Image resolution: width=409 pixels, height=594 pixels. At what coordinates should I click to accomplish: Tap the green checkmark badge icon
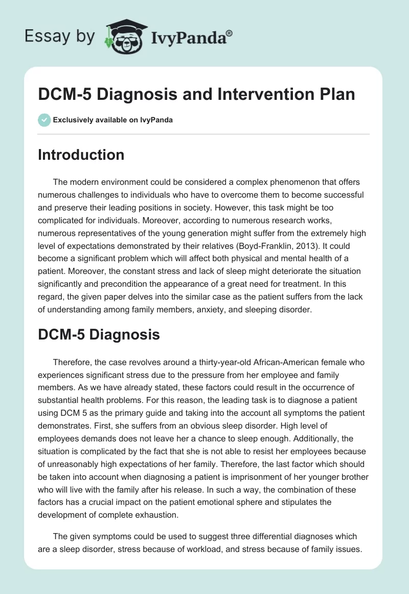pos(44,120)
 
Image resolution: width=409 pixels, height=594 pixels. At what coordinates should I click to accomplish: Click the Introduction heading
pos(81,155)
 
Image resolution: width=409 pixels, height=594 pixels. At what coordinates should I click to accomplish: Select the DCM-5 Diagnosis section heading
pos(99,334)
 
